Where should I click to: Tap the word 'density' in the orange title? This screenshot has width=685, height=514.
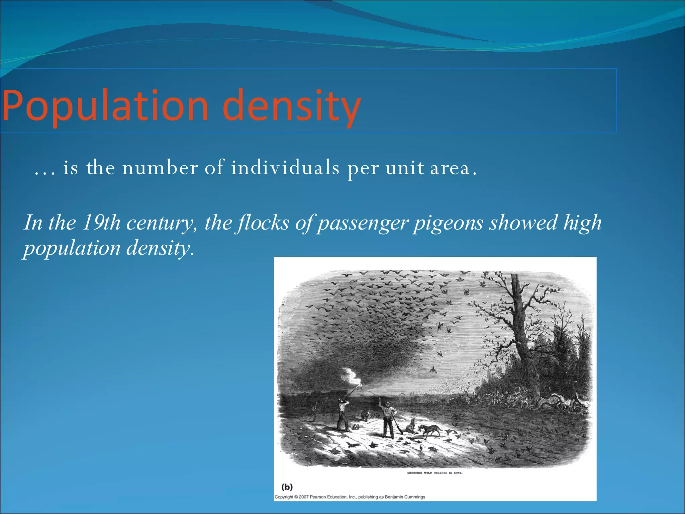[291, 106]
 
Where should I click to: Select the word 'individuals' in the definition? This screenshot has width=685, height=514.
[285, 167]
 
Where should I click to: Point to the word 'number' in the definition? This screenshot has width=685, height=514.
[160, 167]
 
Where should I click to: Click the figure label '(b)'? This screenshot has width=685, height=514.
[287, 487]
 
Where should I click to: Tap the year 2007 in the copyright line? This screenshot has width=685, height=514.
[304, 497]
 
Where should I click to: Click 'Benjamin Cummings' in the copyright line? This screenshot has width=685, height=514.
[405, 497]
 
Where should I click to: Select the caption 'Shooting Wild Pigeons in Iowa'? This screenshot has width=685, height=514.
[434, 473]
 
